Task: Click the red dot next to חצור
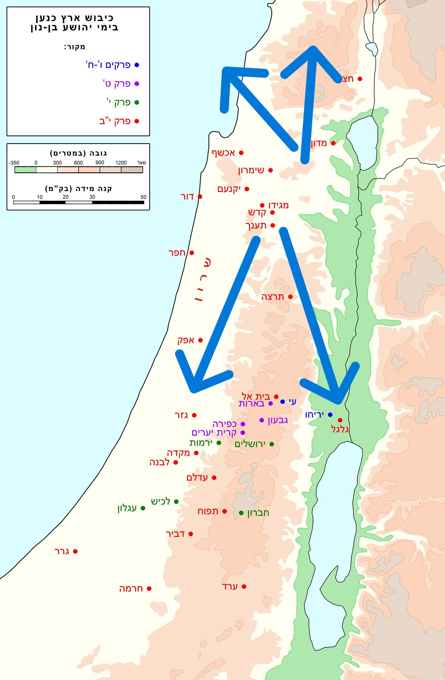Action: [360, 79]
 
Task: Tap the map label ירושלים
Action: [250, 444]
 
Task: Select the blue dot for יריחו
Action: [330, 414]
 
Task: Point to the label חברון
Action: [258, 513]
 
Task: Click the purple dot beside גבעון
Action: [262, 420]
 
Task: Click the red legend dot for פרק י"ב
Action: [137, 121]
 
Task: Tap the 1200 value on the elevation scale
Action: [121, 163]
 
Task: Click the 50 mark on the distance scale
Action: [143, 197]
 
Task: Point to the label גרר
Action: [62, 552]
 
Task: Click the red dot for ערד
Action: [244, 586]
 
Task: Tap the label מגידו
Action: [278, 205]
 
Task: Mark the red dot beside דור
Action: [200, 197]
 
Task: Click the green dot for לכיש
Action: [176, 502]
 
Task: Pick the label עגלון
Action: [127, 508]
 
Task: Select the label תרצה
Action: [272, 297]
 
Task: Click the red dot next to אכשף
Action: [241, 153]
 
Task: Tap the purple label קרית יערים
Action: [214, 433]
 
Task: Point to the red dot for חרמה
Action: [149, 589]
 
